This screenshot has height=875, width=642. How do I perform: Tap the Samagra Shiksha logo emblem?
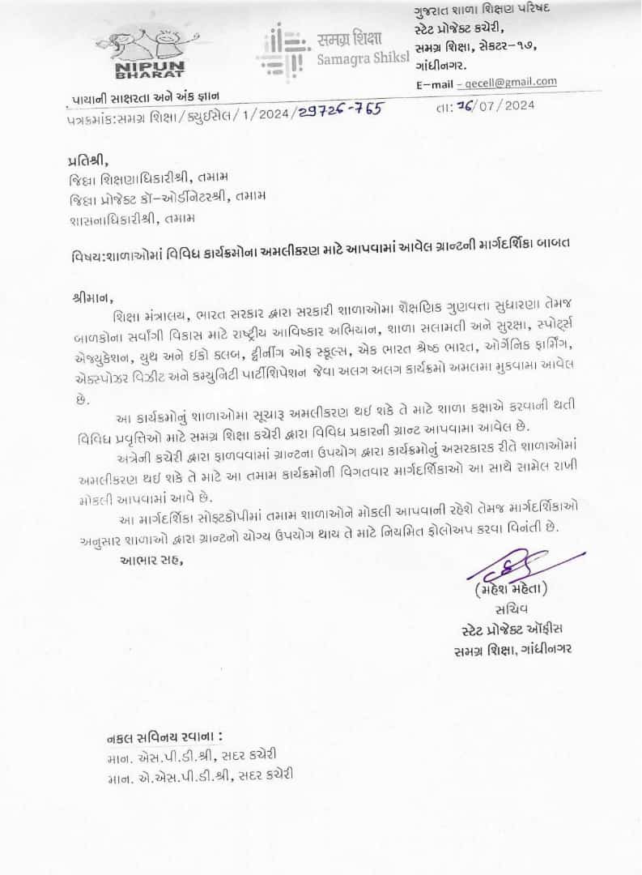[x=283, y=51]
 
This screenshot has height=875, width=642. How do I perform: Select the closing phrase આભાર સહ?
[x=151, y=560]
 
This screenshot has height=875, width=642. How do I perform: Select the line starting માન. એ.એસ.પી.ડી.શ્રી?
[x=199, y=776]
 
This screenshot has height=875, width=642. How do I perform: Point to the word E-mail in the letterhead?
[x=434, y=83]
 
